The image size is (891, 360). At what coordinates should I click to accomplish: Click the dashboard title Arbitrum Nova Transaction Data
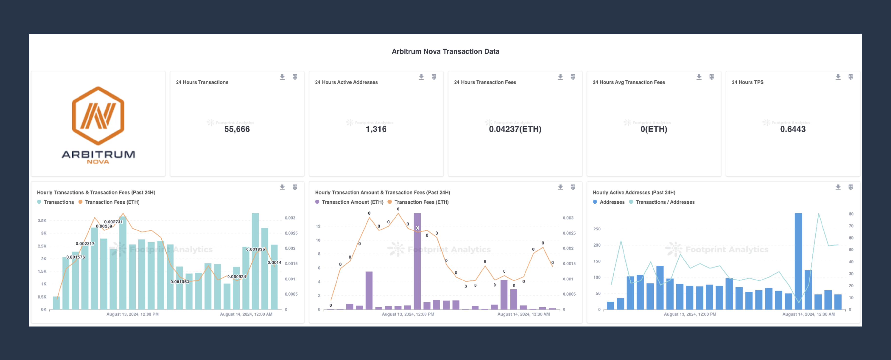click(445, 51)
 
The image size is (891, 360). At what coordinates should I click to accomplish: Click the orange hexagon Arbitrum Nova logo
click(98, 116)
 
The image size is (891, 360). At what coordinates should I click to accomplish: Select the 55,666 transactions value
click(237, 129)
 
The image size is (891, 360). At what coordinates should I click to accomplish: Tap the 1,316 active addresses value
click(376, 129)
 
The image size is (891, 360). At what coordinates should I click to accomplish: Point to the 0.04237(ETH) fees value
click(515, 129)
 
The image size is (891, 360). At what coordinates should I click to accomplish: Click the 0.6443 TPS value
click(793, 129)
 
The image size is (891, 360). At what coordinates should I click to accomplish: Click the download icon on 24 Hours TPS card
click(838, 77)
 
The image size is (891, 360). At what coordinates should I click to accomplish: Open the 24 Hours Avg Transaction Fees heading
click(628, 82)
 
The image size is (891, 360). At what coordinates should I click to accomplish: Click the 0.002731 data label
click(113, 222)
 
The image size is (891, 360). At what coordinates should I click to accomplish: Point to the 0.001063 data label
click(179, 282)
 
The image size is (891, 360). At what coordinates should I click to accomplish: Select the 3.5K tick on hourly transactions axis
click(42, 221)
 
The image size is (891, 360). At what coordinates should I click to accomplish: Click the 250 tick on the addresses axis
click(597, 229)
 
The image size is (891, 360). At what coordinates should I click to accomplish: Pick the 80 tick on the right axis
click(851, 214)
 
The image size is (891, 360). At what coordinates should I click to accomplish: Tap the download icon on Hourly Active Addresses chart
click(838, 187)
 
